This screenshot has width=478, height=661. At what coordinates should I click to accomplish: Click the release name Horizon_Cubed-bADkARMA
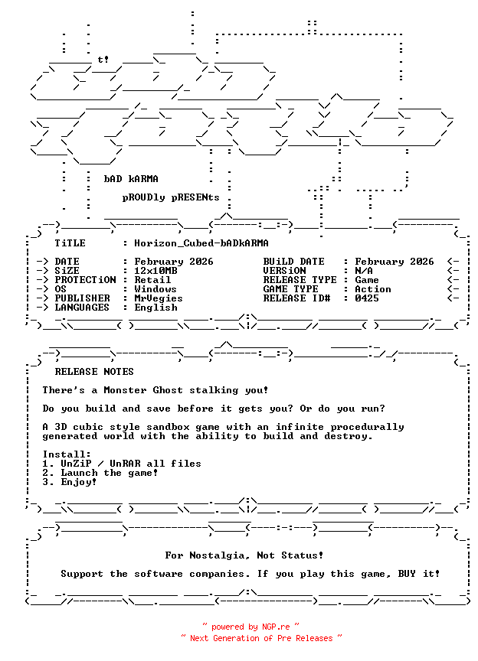(201, 243)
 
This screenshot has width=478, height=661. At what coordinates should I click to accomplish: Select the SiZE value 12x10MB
(156, 271)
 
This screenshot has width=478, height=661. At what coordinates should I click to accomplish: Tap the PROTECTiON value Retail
(152, 280)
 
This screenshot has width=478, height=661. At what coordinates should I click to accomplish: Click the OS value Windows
(156, 289)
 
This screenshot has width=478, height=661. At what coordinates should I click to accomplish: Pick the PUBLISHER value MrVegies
(159, 298)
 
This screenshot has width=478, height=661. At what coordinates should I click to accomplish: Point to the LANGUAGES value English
(156, 308)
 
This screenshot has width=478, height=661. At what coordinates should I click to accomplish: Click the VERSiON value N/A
(364, 271)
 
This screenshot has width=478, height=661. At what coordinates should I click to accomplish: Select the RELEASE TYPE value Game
(367, 280)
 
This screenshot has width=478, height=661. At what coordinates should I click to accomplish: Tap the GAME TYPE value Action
(373, 289)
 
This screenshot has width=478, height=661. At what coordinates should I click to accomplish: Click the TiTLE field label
(70, 243)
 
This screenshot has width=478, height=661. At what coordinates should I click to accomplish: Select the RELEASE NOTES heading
(94, 372)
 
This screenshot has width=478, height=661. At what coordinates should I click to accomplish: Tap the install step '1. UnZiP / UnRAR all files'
(122, 464)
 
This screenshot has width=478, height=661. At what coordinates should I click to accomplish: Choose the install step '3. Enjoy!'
(70, 482)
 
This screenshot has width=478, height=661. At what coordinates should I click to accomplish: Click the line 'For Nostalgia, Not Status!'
(244, 555)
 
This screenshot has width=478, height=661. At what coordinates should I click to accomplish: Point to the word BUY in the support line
(407, 574)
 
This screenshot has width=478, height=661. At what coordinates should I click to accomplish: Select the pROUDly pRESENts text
(171, 197)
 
